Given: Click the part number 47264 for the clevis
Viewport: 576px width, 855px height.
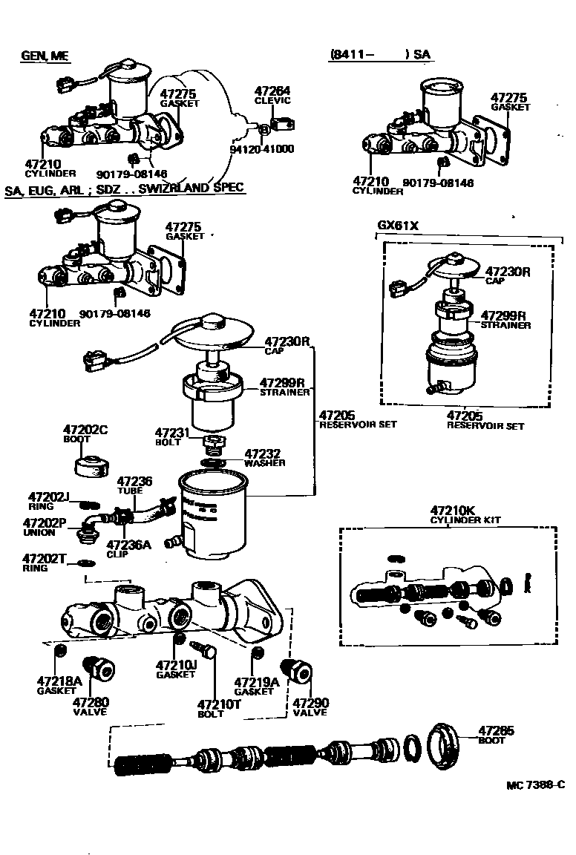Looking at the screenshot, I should (272, 91).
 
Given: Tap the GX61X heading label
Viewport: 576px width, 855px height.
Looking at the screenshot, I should (399, 225).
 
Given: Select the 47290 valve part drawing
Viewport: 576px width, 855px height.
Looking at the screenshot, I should (298, 672).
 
